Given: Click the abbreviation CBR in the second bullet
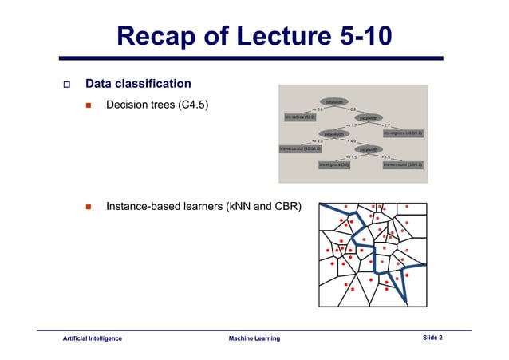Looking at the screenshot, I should (x=288, y=208).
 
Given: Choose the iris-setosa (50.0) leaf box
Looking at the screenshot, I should (x=301, y=117).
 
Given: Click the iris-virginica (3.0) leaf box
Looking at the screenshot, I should (x=334, y=164).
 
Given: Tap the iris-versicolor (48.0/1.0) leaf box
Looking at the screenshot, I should (x=300, y=149).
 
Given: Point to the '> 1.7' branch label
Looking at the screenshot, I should (x=386, y=125).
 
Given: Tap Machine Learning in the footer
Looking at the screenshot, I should (x=254, y=339).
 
